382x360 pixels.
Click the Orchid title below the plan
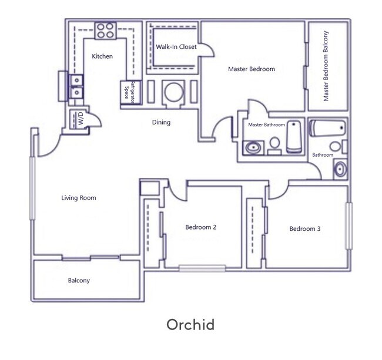click(x=190, y=324)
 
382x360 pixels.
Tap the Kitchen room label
click(x=102, y=56)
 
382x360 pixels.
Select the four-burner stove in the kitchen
click(x=105, y=30)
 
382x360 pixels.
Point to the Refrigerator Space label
click(x=129, y=93)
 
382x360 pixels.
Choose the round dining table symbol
click(x=173, y=93)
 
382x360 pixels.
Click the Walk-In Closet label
click(x=176, y=46)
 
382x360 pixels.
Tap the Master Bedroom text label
click(x=251, y=69)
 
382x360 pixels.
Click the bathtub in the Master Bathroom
click(x=294, y=138)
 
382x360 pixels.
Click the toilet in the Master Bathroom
click(x=274, y=144)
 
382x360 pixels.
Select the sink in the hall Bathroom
click(x=340, y=170)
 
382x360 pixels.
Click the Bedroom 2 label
click(x=201, y=227)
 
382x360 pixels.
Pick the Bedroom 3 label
click(x=305, y=228)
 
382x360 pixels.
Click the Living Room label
click(x=78, y=198)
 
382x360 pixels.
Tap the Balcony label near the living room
click(x=79, y=280)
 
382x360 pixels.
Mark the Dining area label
click(x=161, y=123)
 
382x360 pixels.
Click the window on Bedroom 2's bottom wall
click(x=202, y=268)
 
